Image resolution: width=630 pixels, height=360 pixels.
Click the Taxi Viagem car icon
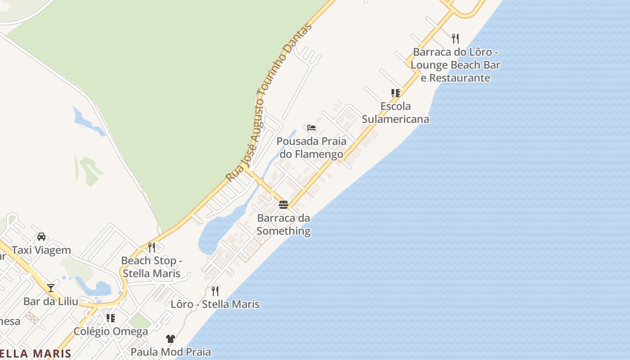tap(41, 236)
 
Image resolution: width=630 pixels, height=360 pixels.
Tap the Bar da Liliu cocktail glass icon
tap(51, 288)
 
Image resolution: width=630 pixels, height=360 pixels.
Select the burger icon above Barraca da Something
tap(283, 205)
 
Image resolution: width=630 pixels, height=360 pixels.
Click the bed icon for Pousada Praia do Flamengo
tap(311, 128)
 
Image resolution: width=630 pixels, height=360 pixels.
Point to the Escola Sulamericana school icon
tap(395, 93)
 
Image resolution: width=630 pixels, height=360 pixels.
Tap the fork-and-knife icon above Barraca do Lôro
tap(455, 38)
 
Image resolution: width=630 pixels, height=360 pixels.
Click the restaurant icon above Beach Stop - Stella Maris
tap(152, 247)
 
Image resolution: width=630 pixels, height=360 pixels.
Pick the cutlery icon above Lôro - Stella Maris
tap(215, 291)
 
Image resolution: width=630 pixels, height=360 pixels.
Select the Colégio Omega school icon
tap(110, 318)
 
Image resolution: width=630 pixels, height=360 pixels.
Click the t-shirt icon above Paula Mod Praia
tap(170, 338)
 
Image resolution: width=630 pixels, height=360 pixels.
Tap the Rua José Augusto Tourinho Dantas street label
tap(269, 103)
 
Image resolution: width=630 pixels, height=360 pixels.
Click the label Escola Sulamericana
tap(396, 113)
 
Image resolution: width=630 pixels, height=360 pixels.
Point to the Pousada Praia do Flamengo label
tap(311, 148)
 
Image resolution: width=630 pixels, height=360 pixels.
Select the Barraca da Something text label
tap(283, 225)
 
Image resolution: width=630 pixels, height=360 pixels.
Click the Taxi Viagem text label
tap(41, 250)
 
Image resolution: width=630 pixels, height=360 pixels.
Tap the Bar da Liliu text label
tap(51, 301)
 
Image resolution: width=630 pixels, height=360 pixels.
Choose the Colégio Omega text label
tap(111, 332)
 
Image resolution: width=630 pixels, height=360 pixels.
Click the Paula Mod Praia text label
tap(171, 352)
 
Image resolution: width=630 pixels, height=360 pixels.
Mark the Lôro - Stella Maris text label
tap(215, 304)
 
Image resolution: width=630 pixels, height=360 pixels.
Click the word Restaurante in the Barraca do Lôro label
tap(459, 78)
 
